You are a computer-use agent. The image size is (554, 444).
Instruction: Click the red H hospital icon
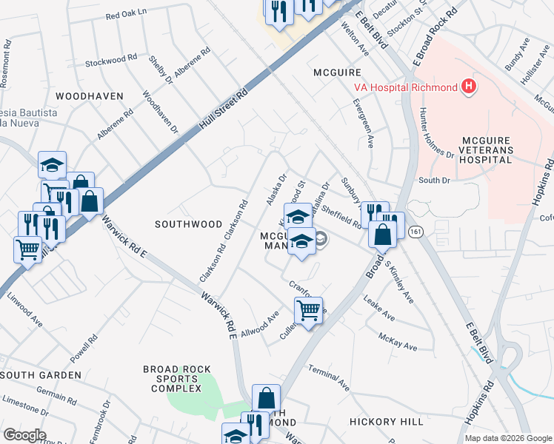pos(468,87)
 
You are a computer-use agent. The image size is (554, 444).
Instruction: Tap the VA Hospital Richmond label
pos(404,88)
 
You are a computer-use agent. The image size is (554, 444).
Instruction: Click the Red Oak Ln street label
pos(127,15)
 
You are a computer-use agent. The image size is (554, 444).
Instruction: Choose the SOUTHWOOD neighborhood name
pos(188,223)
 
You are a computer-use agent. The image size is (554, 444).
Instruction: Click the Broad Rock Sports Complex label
pos(177,378)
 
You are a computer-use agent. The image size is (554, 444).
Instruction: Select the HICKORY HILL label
pos(386,421)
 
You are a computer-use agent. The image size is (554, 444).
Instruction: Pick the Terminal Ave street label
pos(328,377)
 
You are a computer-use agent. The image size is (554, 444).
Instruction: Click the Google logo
pos(24,435)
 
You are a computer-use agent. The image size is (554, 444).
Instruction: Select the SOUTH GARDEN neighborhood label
pos(41,375)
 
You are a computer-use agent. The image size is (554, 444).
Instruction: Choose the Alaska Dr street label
pos(276,191)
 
